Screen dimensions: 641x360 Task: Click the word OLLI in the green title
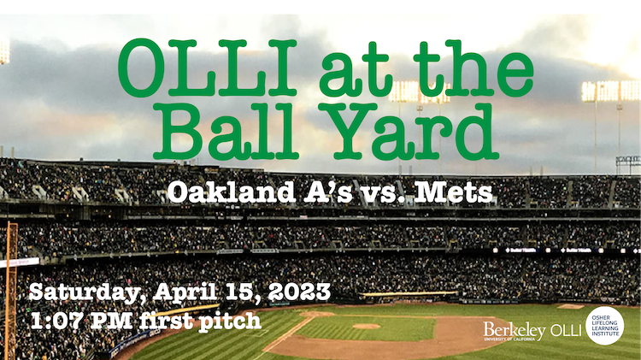click(x=208, y=68)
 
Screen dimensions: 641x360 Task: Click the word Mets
click(x=453, y=192)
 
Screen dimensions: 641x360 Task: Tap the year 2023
click(x=300, y=292)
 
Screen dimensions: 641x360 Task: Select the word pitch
click(x=230, y=322)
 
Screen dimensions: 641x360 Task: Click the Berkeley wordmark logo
click(x=515, y=331)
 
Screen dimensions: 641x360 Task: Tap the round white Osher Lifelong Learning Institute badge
click(x=605, y=326)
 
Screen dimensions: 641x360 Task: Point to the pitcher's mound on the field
click(x=367, y=326)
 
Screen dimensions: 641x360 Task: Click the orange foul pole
click(x=11, y=291)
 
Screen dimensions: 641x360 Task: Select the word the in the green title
click(x=473, y=68)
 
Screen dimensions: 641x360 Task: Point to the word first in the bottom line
click(x=167, y=321)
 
